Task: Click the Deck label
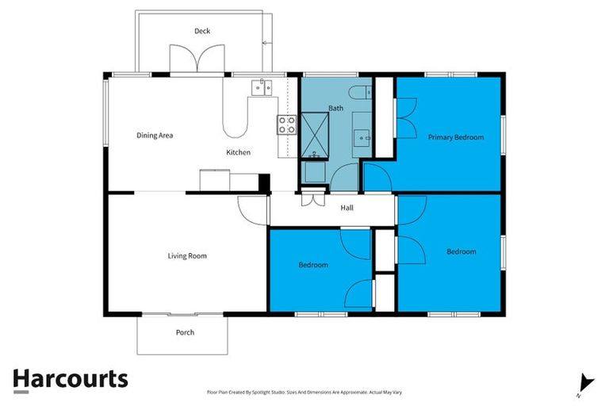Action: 202,31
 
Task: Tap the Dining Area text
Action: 155,136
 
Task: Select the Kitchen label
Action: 239,152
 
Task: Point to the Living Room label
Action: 187,255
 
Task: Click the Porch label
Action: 185,332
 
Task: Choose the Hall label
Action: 347,209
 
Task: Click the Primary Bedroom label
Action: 455,137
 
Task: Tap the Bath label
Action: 335,108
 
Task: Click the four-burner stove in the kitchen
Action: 286,124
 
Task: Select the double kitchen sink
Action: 261,87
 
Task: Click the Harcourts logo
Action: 70,379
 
